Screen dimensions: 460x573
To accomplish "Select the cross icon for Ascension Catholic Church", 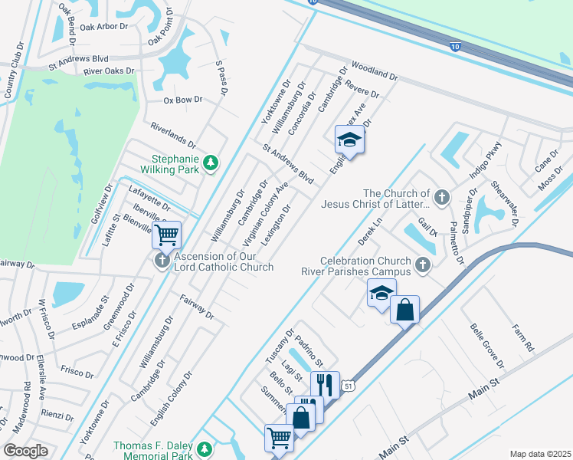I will tap(162, 261).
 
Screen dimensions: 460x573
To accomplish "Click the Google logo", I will tap(26, 451).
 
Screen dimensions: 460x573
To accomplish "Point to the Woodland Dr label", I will tap(375, 71).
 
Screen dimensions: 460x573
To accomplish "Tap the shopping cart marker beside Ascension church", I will tap(166, 235).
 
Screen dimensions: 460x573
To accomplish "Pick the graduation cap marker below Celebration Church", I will tap(381, 294).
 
